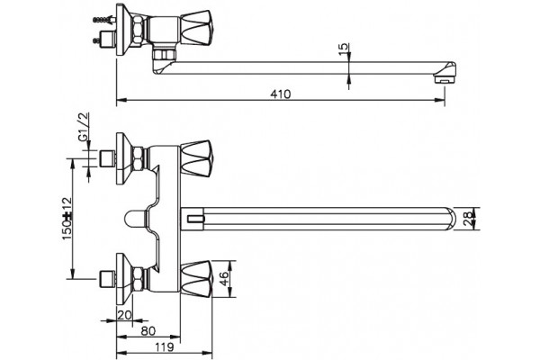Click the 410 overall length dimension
pos(280,94)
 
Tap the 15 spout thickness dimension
pos(344,50)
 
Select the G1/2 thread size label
pos(84,127)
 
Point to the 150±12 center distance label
pos(67,219)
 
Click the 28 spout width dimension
pos(468,219)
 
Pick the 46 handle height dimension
pos(224,279)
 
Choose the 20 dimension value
pos(125,315)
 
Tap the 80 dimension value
pos(148,331)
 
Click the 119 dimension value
pos(164,347)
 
